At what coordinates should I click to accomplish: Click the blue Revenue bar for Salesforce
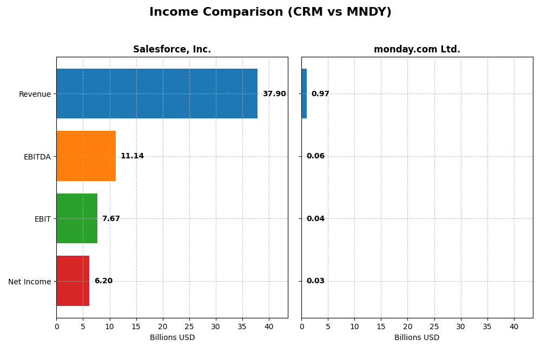click(x=157, y=94)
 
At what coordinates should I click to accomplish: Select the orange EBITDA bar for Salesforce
click(x=86, y=156)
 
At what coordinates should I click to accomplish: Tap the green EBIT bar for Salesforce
click(x=77, y=218)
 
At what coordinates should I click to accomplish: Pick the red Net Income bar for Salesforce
click(x=73, y=281)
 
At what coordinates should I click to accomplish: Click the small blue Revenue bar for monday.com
click(x=304, y=94)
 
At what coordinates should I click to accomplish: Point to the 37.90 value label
click(x=274, y=94)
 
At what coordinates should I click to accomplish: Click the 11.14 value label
click(x=132, y=156)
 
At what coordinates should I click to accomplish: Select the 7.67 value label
click(x=111, y=219)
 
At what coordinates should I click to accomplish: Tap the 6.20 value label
click(x=103, y=281)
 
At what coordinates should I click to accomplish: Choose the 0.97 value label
click(x=320, y=94)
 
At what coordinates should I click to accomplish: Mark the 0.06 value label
click(x=315, y=156)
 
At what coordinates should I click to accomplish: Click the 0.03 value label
click(x=315, y=281)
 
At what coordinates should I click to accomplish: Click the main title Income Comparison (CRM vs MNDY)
click(x=270, y=12)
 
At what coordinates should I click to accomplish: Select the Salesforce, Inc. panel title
click(x=172, y=50)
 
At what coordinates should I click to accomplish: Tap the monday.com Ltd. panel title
click(x=417, y=50)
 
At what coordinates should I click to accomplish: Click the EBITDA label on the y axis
click(x=37, y=157)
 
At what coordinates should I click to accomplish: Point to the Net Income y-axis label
click(x=30, y=282)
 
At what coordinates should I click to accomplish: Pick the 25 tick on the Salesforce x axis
click(x=189, y=326)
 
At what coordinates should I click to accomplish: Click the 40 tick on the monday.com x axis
click(x=514, y=326)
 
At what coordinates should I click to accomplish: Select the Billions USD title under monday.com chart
click(x=417, y=338)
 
